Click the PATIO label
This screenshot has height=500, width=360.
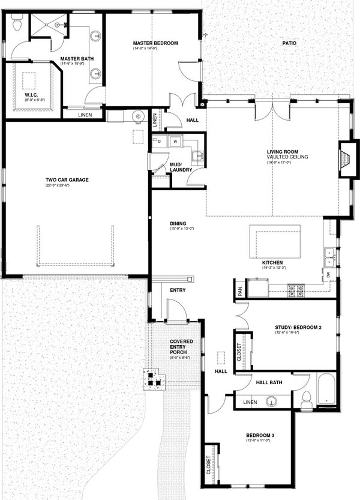click(290, 43)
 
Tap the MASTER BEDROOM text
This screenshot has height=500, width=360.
click(155, 43)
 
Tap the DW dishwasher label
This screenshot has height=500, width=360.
click(328, 274)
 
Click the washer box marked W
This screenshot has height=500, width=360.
click(175, 142)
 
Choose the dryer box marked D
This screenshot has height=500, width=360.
click(160, 142)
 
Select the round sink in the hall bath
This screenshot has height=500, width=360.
click(275, 401)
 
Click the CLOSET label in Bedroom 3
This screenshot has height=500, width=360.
click(209, 463)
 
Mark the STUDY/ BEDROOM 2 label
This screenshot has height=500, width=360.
click(299, 328)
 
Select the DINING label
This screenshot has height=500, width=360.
click(178, 223)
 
